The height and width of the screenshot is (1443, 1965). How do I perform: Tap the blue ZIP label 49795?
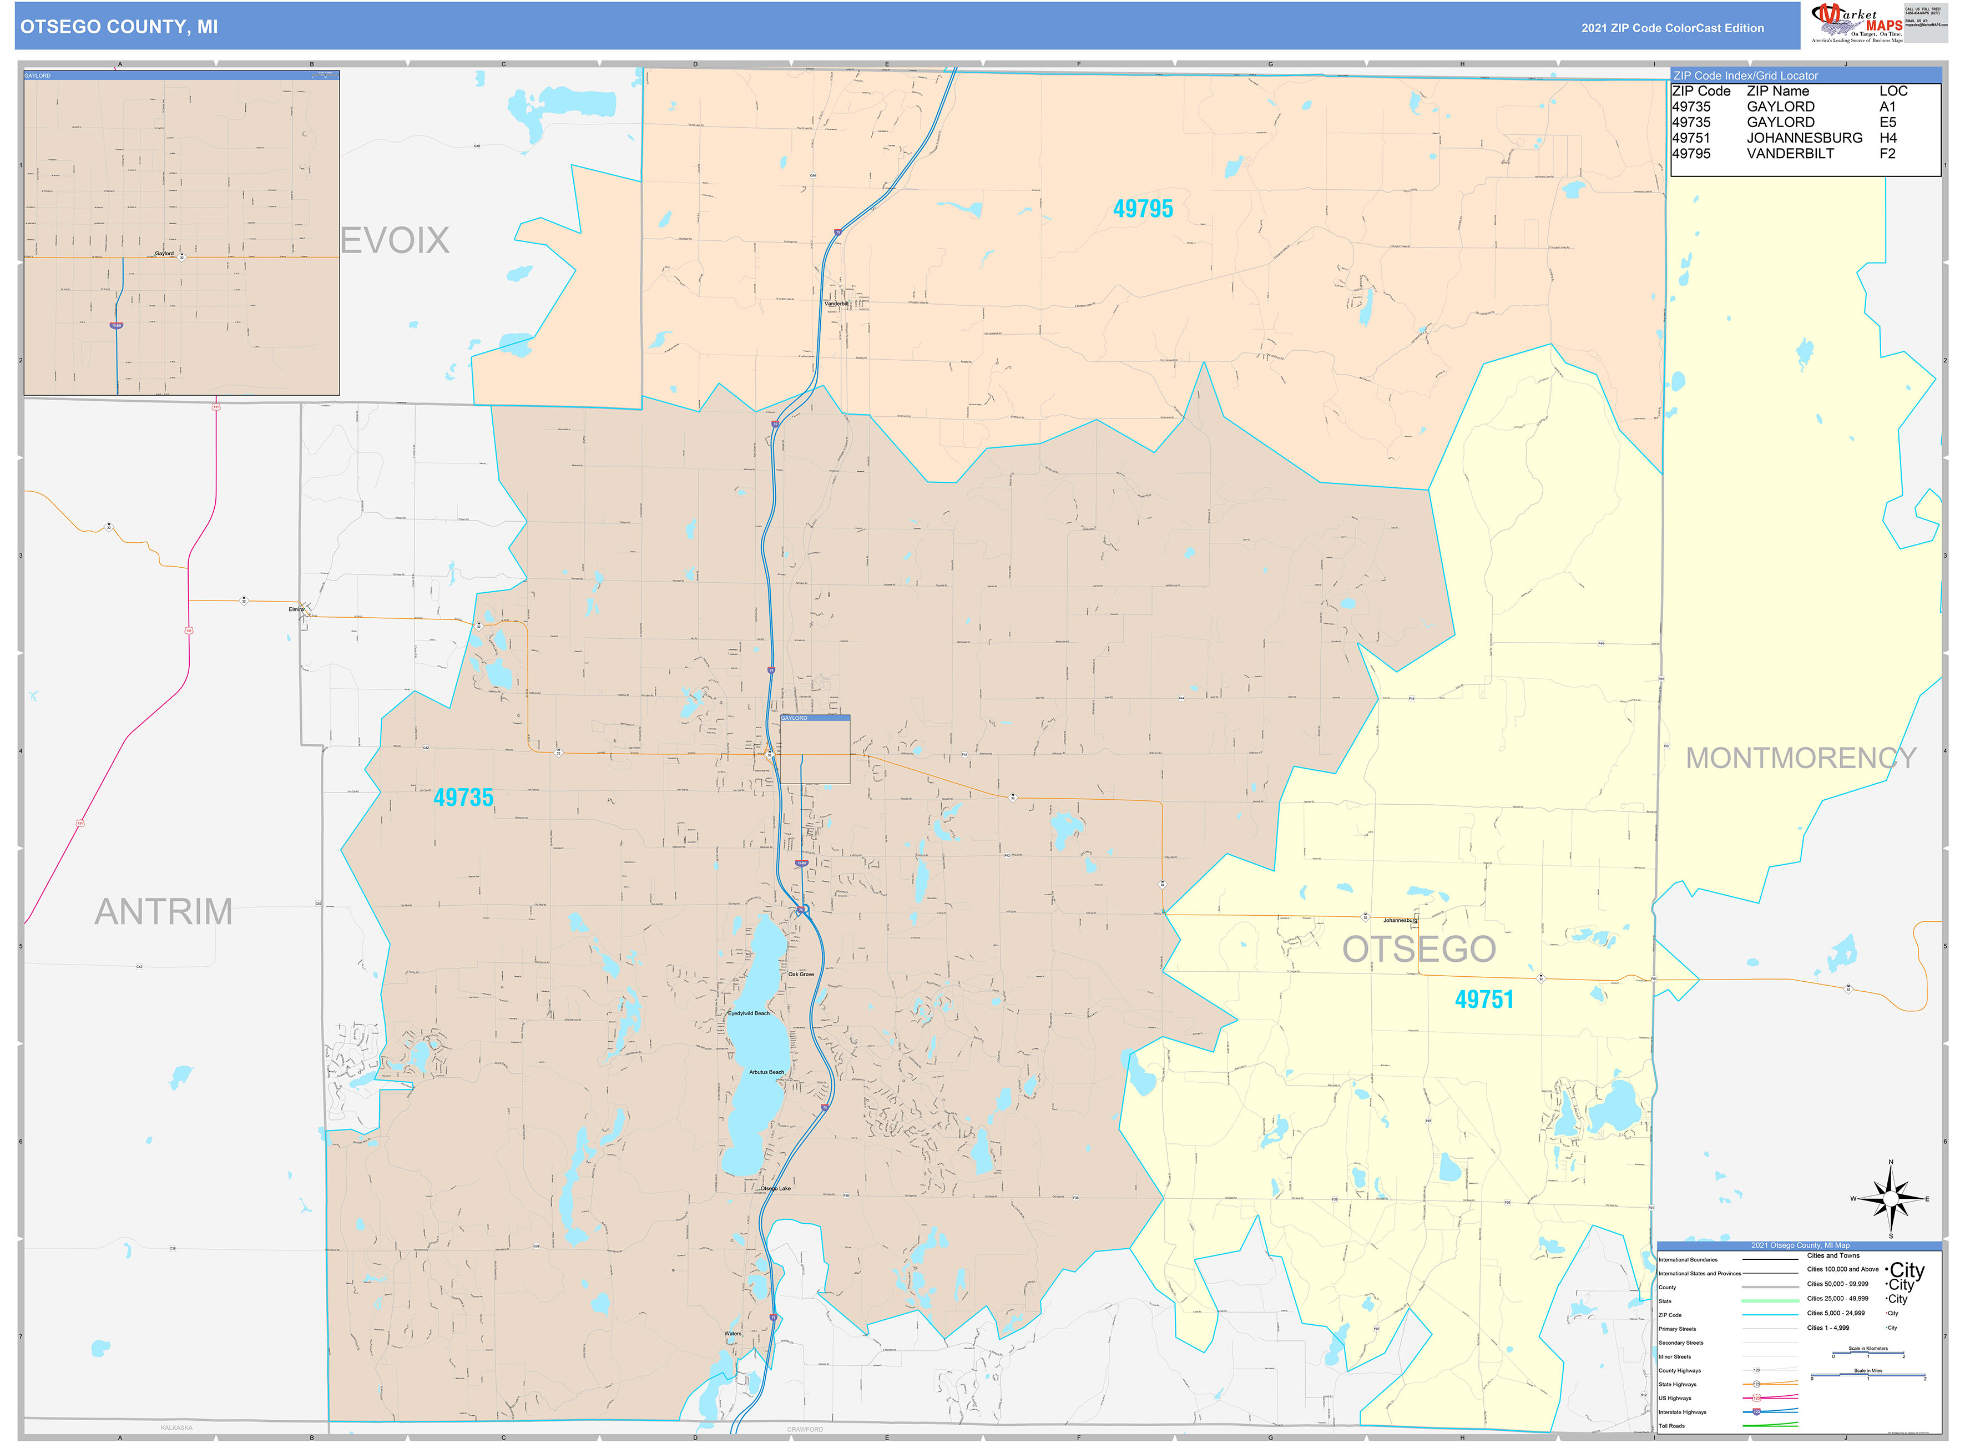1143,209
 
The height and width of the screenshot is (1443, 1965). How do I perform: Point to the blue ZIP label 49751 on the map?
1484,999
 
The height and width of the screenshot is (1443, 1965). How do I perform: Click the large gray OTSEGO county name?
1418,950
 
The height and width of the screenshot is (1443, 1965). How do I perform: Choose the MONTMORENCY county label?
1801,758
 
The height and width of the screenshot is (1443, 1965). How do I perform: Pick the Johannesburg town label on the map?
1400,921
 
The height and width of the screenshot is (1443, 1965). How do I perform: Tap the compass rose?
1891,1198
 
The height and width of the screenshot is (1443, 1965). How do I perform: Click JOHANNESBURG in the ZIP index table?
1804,138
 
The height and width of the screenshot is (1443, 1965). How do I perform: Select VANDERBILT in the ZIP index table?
1790,154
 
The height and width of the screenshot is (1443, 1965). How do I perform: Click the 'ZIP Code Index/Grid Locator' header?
1745,76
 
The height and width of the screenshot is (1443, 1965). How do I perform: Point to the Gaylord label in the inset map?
164,253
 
